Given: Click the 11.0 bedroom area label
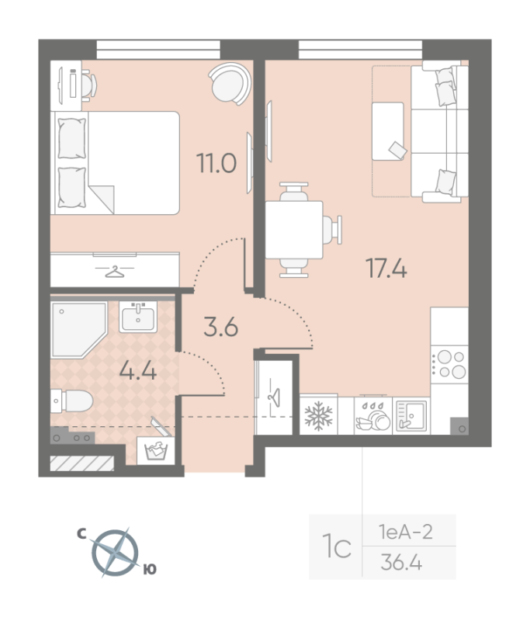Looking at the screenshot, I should click(x=217, y=165).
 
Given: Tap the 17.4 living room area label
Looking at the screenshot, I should click(x=386, y=269).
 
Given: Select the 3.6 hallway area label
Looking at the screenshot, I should click(x=220, y=326).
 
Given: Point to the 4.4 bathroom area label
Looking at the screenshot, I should click(x=138, y=369).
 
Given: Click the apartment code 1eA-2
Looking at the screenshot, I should click(x=406, y=533).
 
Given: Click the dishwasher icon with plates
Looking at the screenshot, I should click(x=372, y=417).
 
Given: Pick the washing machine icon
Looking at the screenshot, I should click(x=157, y=451).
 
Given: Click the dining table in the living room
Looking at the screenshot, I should click(x=294, y=230).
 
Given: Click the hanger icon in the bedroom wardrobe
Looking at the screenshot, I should click(x=114, y=271).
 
